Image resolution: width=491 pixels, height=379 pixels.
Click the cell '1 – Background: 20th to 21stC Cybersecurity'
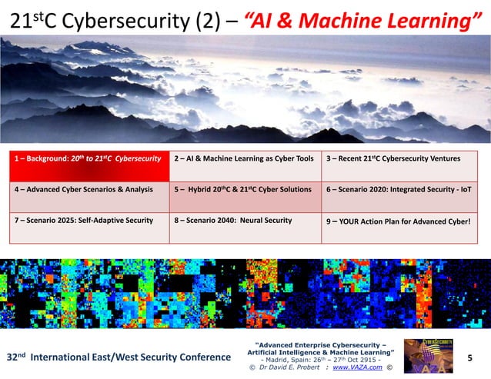pos(89,158)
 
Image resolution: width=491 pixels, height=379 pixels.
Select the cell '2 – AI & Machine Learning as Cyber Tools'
pos(244,158)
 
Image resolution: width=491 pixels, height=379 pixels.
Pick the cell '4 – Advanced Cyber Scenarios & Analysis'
pos(89,189)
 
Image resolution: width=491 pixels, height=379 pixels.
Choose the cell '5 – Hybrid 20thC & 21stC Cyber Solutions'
pos(244,189)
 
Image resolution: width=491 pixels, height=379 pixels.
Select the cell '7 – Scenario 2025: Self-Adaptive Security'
pos(89,221)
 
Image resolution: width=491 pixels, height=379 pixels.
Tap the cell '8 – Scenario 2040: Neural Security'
pos(244,221)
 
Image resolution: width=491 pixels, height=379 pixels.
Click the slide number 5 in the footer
pos(470,357)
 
